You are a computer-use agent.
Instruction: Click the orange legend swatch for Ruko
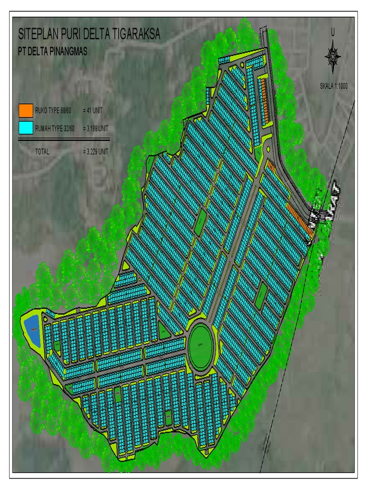coord(26,110)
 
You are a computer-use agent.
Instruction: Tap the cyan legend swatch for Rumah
coord(26,128)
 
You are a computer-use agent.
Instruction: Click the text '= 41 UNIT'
coord(92,110)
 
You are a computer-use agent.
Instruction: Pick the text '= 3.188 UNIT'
coord(95,128)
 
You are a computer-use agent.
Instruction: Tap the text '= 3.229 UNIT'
coord(95,152)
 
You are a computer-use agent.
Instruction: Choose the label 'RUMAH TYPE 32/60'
coord(56,128)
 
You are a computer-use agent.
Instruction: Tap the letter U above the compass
coord(333,32)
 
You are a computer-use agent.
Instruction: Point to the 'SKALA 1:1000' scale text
coord(335,86)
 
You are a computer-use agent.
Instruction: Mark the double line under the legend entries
coord(64,139)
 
